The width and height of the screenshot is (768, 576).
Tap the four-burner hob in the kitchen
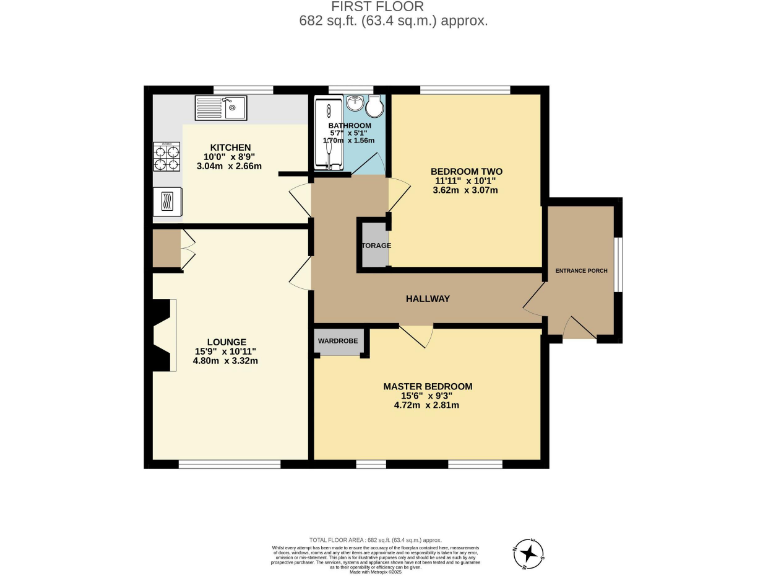pyautogui.click(x=165, y=157)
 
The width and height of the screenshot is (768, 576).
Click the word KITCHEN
pyautogui.click(x=230, y=148)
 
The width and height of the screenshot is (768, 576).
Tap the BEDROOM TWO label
pyautogui.click(x=465, y=171)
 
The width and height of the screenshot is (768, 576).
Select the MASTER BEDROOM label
pyautogui.click(x=428, y=386)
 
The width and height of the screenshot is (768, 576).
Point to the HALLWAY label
pyautogui.click(x=427, y=299)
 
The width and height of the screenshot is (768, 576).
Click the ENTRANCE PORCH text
pyautogui.click(x=581, y=272)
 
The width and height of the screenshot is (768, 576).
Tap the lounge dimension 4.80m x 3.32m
pyautogui.click(x=226, y=361)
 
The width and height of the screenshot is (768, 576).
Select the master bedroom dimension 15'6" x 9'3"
pyautogui.click(x=428, y=396)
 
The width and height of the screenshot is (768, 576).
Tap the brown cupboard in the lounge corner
pyautogui.click(x=166, y=248)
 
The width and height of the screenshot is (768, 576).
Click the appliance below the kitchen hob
pyautogui.click(x=165, y=200)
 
